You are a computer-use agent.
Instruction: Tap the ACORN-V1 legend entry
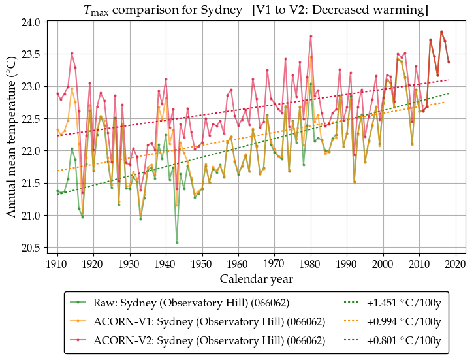tap(210, 321)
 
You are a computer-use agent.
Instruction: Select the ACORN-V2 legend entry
tap(210, 340)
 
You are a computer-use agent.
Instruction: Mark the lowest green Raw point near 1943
tap(177, 242)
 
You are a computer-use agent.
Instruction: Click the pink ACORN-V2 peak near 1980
tap(311, 36)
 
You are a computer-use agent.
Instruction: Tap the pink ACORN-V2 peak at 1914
tap(72, 53)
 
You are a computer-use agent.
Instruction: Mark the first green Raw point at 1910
tap(57, 191)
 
